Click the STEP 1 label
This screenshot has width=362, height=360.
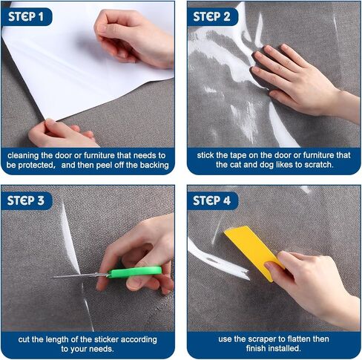[x=26, y=16]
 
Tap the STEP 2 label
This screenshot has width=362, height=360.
[x=211, y=16]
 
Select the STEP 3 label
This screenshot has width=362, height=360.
[x=26, y=200]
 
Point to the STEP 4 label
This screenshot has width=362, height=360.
[x=211, y=200]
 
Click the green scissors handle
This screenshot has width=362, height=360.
[x=135, y=272]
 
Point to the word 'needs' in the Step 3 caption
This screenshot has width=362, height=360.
[x=102, y=349]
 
